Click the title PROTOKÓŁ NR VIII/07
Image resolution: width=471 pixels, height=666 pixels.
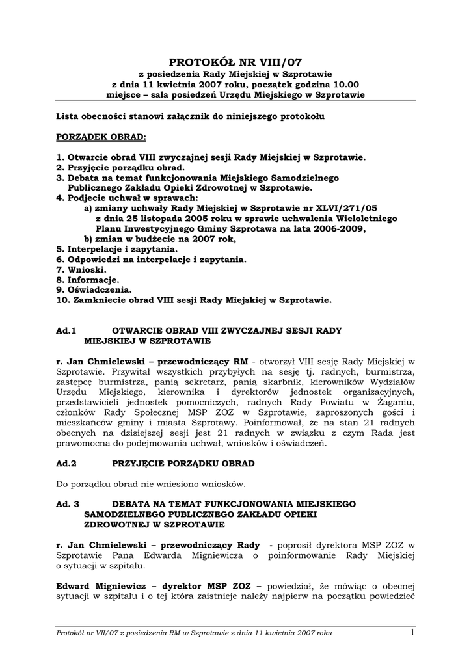[x=235, y=62]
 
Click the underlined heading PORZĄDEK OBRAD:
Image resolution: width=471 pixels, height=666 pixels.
[x=101, y=138]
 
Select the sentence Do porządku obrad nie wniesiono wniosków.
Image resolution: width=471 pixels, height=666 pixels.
[x=151, y=485]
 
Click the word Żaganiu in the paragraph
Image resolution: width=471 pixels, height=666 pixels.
[x=398, y=403]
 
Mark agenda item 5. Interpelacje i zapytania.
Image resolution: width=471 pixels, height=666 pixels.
[x=116, y=249]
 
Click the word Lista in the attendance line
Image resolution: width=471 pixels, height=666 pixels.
[x=69, y=117]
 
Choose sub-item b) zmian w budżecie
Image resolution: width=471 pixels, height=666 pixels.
[x=159, y=239]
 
